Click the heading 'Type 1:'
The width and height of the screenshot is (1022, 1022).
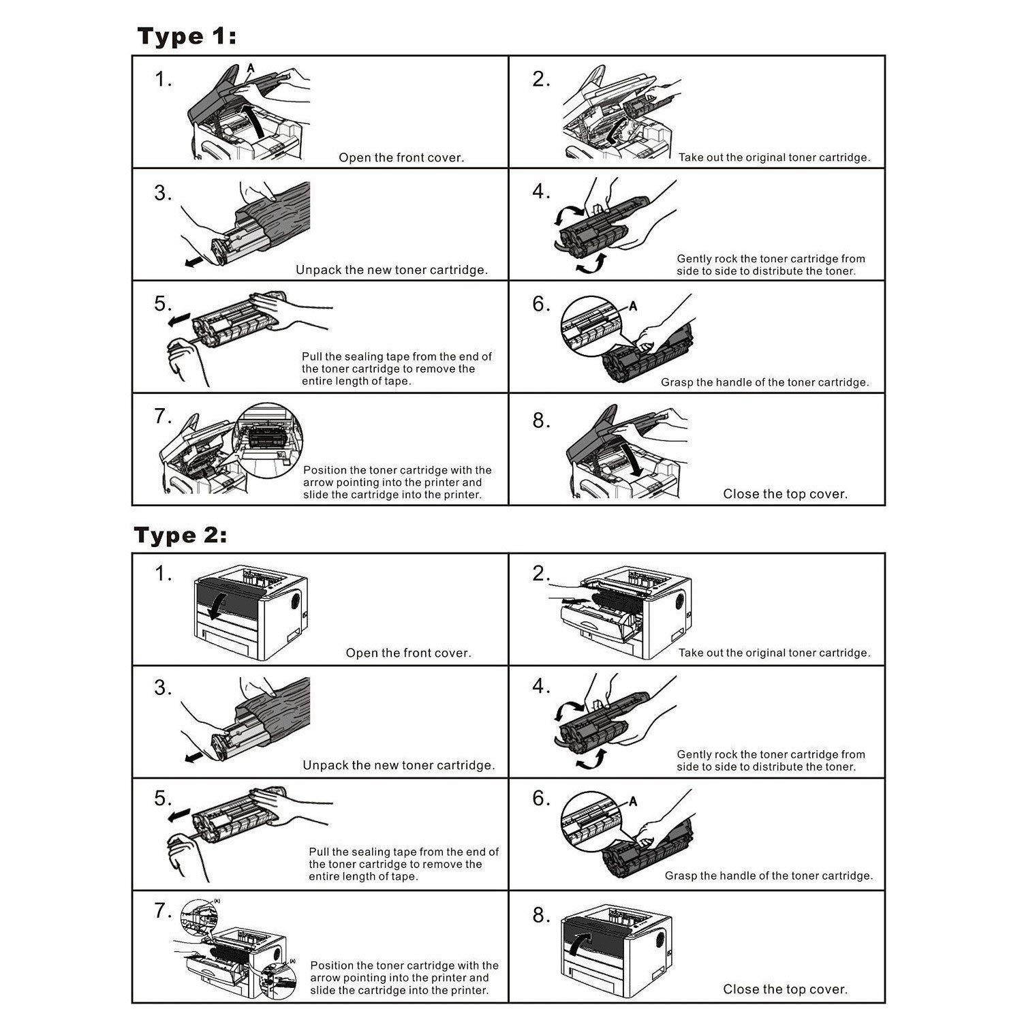[187, 36]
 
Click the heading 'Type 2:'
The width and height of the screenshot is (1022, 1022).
[181, 536]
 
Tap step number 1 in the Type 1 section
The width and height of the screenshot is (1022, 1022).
[163, 80]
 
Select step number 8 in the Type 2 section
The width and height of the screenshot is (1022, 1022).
[541, 916]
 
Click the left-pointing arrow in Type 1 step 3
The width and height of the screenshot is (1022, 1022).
[193, 262]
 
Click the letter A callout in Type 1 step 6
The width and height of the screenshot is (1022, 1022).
[633, 307]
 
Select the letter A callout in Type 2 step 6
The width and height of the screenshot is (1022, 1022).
[633, 801]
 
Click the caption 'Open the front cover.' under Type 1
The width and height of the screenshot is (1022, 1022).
[401, 158]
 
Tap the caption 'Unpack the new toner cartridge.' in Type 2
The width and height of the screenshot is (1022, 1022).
[399, 766]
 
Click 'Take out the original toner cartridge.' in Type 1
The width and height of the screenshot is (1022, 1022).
[774, 158]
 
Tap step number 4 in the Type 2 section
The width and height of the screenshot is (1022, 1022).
[541, 687]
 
